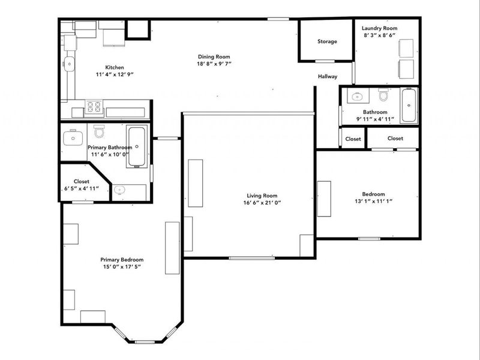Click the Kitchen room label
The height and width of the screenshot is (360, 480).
click(x=115, y=67)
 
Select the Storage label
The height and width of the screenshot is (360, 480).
click(x=327, y=41)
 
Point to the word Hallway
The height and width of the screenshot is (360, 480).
click(x=328, y=76)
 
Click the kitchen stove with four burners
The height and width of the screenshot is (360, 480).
click(x=95, y=108)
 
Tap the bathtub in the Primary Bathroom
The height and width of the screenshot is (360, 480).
click(x=136, y=146)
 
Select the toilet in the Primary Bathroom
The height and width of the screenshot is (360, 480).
click(x=99, y=130)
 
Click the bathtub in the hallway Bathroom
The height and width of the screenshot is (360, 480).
click(x=409, y=105)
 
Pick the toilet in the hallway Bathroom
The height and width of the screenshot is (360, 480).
click(x=383, y=95)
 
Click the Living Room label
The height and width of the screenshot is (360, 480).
click(x=262, y=195)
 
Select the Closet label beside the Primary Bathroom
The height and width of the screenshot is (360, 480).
click(x=82, y=181)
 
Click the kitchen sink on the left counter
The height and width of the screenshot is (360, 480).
click(x=70, y=62)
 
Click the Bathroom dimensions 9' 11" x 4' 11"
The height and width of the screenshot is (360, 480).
click(x=375, y=119)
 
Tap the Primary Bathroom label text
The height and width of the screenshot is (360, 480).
click(x=110, y=147)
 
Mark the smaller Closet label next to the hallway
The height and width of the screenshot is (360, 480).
click(x=353, y=139)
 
